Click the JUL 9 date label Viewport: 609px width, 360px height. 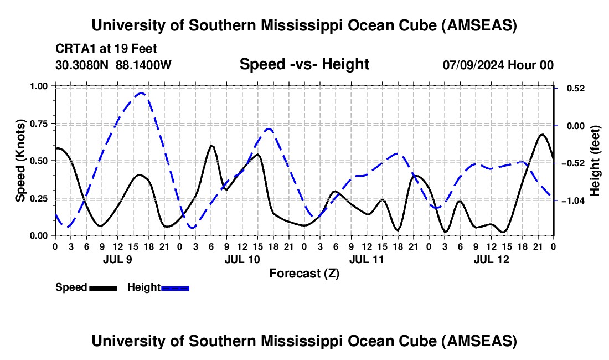click(117, 259)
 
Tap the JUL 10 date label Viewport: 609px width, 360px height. click(241, 259)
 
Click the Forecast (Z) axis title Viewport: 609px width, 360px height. click(304, 273)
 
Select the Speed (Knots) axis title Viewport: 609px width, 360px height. click(20, 161)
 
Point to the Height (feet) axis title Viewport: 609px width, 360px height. click(596, 161)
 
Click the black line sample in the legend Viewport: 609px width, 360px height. click(103, 288)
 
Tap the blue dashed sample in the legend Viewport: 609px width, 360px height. click(176, 288)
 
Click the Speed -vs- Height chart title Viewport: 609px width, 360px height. click(304, 64)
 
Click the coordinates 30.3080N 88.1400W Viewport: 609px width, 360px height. click(113, 65)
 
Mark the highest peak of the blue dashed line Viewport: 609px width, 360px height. click(141, 93)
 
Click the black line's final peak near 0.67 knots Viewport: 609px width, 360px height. click(541, 135)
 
